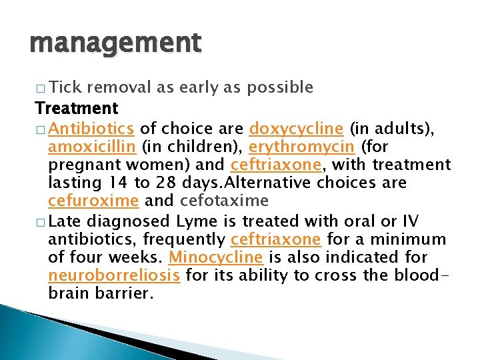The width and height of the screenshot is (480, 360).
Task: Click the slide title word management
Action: pyautogui.click(x=115, y=43)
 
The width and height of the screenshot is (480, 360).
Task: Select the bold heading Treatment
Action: pyautogui.click(x=77, y=108)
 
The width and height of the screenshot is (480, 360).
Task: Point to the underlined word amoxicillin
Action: pyautogui.click(x=90, y=146)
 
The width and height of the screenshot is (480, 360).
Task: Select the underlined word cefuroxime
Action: pyautogui.click(x=93, y=201)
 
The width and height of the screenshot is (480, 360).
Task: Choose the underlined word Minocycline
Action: pyautogui.click(x=215, y=257)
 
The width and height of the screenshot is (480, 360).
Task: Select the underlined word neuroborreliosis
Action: pyautogui.click(x=114, y=275)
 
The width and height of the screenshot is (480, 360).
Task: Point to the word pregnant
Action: pyautogui.click(x=79, y=165)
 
